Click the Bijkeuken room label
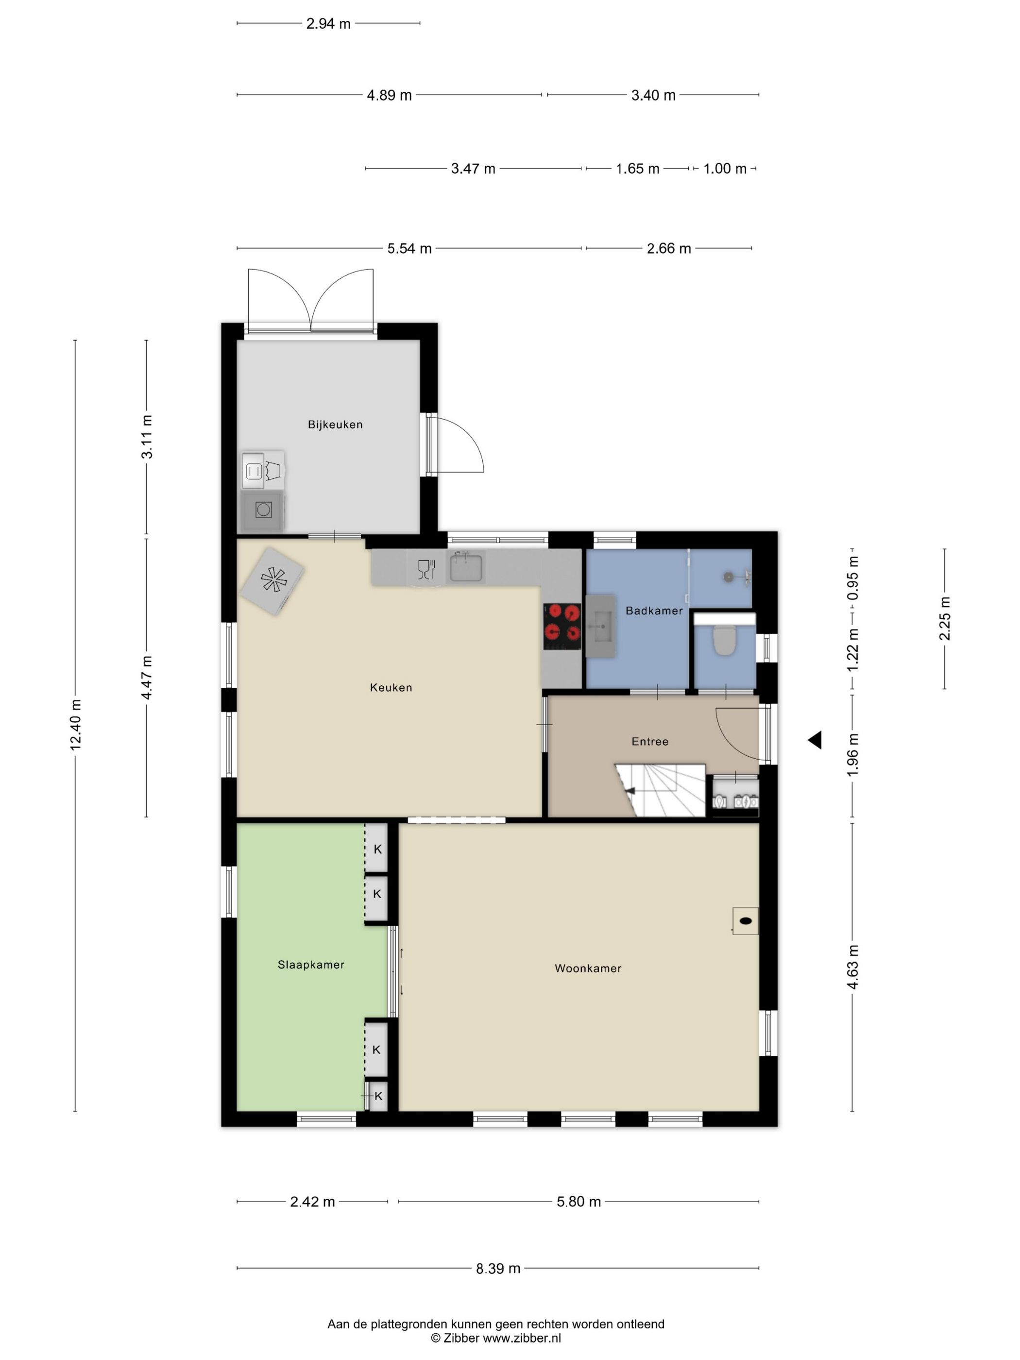click(x=335, y=424)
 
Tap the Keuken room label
click(x=391, y=687)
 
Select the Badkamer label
click(x=654, y=611)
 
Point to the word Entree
click(x=650, y=742)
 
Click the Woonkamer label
click(x=588, y=969)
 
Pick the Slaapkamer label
click(x=311, y=965)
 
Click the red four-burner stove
click(x=562, y=627)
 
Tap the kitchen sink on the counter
click(x=466, y=567)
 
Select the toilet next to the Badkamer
click(x=724, y=639)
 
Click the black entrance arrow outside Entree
click(x=815, y=740)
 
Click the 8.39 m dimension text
click(x=498, y=1268)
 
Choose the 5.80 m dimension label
click(x=578, y=1201)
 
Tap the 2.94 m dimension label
click(x=328, y=23)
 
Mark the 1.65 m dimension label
click(x=638, y=169)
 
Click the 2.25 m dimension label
click(x=944, y=618)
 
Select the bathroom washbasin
click(x=601, y=627)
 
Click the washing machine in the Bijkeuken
click(x=263, y=510)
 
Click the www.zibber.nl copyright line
click(x=495, y=1338)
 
